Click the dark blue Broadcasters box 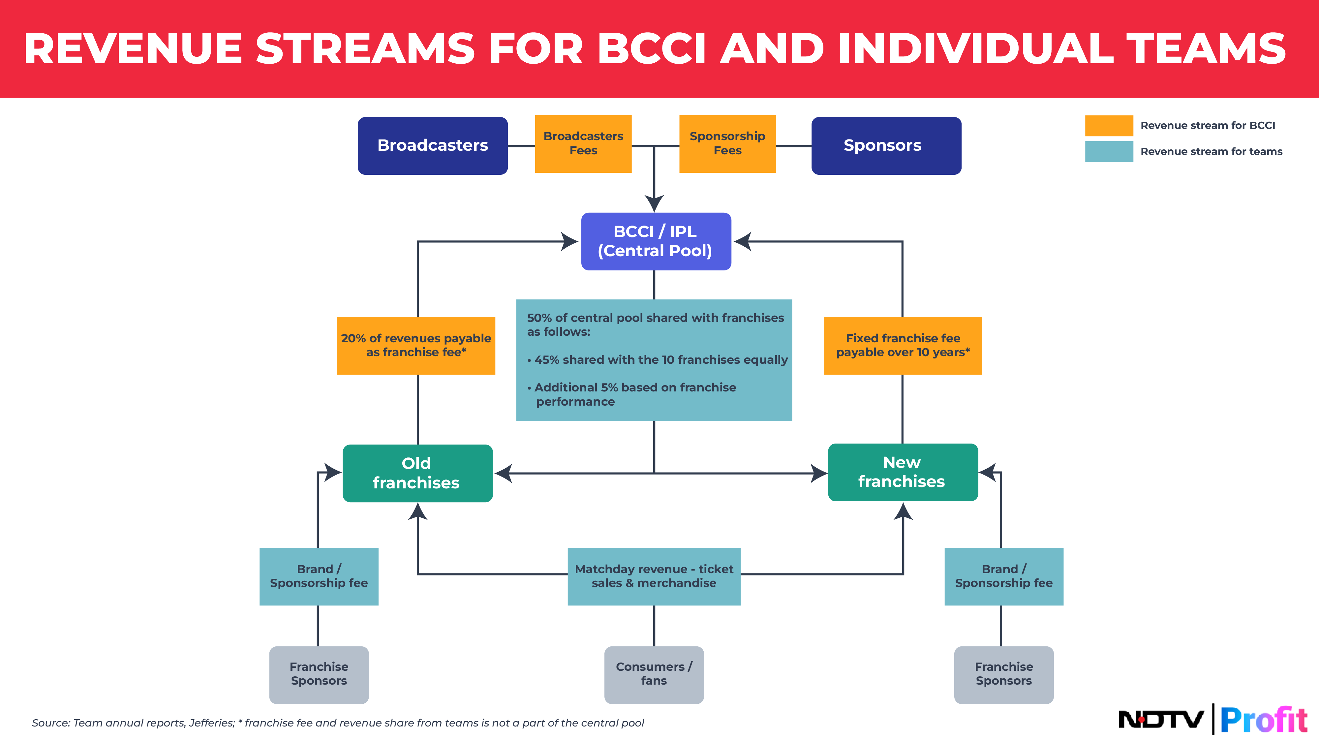coord(433,146)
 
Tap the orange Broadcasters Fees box coord(583,144)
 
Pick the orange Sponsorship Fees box coord(727,144)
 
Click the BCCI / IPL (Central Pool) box coord(656,241)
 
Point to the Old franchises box coord(417,473)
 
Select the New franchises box coord(903,472)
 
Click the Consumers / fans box coord(654,674)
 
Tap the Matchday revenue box coord(654,576)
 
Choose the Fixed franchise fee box coord(903,346)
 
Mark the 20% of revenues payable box coord(416,346)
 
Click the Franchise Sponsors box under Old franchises coord(319,674)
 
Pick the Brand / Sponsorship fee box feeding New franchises coord(1003,576)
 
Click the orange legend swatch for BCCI coord(1109,125)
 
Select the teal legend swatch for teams coord(1109,152)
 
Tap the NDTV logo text coord(1161,720)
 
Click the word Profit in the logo coord(1264,720)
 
